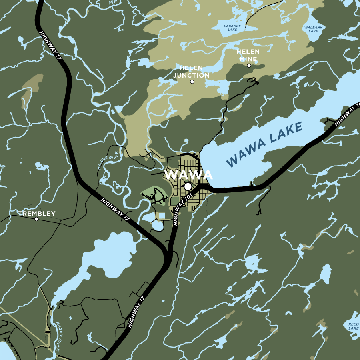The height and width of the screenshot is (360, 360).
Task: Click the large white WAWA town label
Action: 188,175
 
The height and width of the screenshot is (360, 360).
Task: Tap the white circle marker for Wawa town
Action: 188,186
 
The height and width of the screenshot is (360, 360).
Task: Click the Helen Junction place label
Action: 191,72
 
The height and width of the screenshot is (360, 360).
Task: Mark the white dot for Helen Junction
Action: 192,82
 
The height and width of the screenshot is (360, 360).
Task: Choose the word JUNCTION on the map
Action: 191,75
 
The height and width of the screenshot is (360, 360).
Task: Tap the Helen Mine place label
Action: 248,55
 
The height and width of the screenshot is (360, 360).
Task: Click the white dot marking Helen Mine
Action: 249,65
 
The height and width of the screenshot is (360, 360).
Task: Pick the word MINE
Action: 248,59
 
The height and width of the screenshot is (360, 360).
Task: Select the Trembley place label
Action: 37,214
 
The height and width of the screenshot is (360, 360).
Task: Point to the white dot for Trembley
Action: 36,219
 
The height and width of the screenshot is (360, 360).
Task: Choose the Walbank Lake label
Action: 313,29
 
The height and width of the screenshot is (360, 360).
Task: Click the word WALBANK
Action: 313,27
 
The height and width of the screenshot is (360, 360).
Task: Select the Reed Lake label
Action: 353,326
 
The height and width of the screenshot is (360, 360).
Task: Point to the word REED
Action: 353,324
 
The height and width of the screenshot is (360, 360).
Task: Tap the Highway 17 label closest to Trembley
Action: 116,210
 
